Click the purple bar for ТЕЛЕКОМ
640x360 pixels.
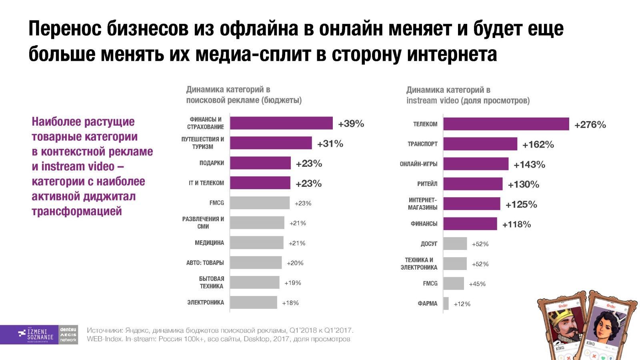click(506, 124)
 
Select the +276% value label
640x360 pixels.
click(590, 125)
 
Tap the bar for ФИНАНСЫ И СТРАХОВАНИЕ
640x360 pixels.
click(281, 123)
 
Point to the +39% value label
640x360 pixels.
click(351, 124)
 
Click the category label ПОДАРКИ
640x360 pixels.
click(212, 163)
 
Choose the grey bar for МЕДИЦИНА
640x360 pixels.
click(256, 243)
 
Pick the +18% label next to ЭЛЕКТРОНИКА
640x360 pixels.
click(290, 303)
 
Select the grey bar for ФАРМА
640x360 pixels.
click(446, 304)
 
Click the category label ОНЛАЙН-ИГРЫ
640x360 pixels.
click(418, 164)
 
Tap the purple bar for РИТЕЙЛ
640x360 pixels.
click(473, 184)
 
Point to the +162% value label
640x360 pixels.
click(538, 145)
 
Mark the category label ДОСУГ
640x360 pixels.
click(429, 244)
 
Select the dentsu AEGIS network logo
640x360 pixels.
click(68, 335)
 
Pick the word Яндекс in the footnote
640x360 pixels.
click(137, 330)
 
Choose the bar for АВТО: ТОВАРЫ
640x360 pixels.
click(256, 263)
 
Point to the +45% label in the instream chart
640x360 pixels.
click(477, 284)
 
